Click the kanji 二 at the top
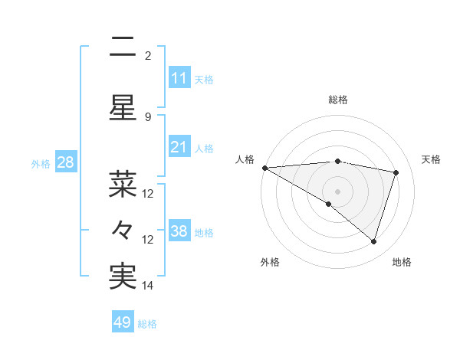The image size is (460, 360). click(x=123, y=47)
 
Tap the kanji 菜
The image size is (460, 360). click(x=123, y=185)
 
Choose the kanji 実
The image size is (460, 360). click(x=123, y=277)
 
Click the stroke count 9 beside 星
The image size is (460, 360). click(x=148, y=116)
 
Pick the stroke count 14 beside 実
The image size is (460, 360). click(x=149, y=286)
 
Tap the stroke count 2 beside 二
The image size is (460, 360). click(x=148, y=55)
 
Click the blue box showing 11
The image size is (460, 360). click(x=179, y=78)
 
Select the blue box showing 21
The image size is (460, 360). click(x=179, y=147)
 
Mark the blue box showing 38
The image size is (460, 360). click(x=179, y=231)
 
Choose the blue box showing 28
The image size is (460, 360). click(x=65, y=162)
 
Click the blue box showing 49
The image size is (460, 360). click(x=123, y=322)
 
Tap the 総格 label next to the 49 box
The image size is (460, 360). click(x=148, y=324)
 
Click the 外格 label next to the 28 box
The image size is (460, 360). click(x=41, y=163)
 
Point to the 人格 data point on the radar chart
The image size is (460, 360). click(x=264, y=167)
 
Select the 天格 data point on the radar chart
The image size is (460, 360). click(x=396, y=172)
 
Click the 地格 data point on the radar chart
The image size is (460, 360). click(x=373, y=242)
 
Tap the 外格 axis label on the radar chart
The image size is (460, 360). click(x=270, y=262)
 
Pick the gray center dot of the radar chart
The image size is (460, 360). click(x=337, y=190)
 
